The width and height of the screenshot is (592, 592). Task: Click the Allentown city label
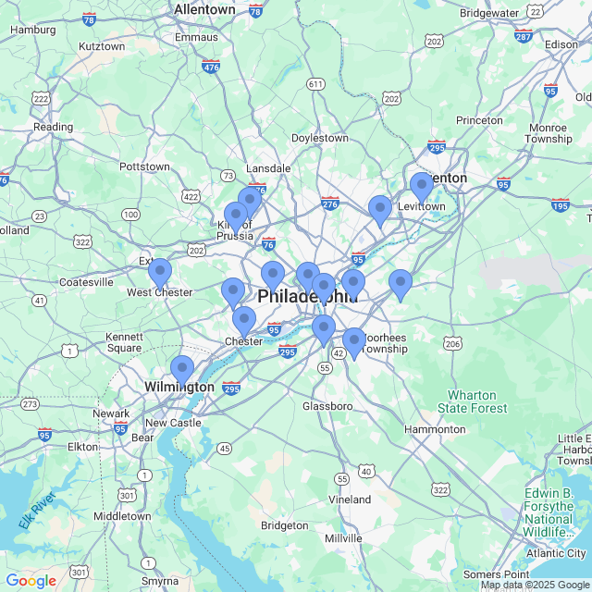[x=204, y=9]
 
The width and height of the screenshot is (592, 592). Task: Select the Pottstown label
[x=144, y=166]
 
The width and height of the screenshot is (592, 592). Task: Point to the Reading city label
[x=53, y=127]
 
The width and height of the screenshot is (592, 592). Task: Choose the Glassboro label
[x=327, y=406]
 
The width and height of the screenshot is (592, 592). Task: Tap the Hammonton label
[x=435, y=429]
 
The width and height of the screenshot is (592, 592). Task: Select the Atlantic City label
[x=556, y=553]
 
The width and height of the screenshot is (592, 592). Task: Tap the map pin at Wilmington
[x=182, y=370]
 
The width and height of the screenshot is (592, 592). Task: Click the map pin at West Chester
[x=160, y=273]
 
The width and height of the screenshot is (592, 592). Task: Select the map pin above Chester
[x=243, y=321]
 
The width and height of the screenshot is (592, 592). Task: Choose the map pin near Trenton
[x=422, y=187]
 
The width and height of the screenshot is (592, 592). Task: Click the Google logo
[x=31, y=581]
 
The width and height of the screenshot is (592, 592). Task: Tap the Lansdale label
[x=268, y=168]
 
